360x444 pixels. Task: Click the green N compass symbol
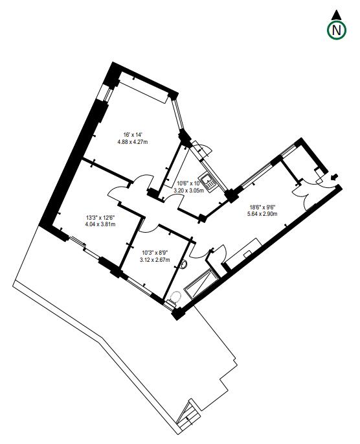(x=335, y=30)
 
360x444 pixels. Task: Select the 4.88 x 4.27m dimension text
(x=133, y=142)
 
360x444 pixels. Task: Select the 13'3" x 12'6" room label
(x=100, y=218)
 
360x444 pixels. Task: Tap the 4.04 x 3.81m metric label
(x=100, y=225)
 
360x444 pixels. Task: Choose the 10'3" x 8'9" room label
(x=155, y=253)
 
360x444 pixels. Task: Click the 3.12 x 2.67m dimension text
(x=155, y=260)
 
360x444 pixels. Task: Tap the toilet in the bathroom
(x=174, y=298)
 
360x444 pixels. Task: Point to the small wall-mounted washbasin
(x=185, y=265)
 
